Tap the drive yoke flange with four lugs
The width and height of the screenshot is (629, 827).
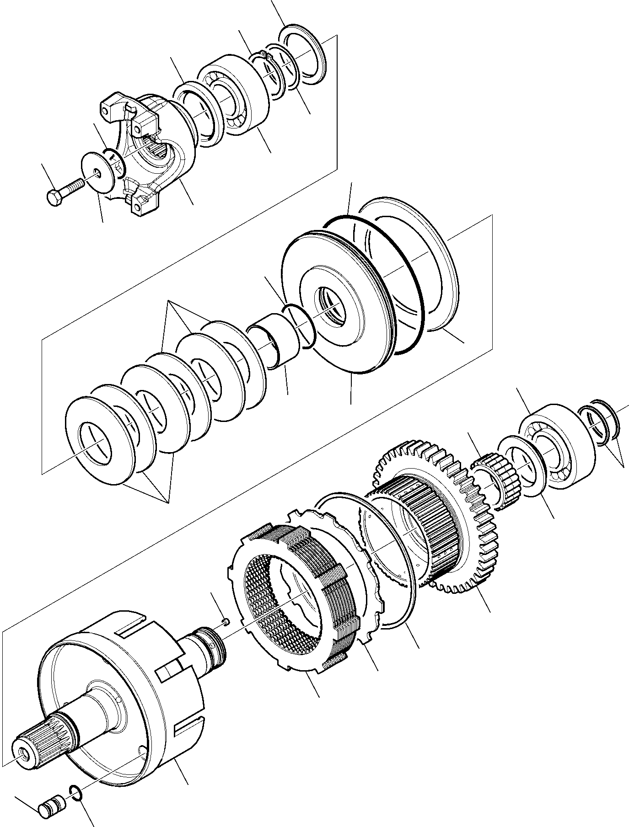click(151, 151)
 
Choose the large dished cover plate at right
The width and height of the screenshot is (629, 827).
click(412, 265)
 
